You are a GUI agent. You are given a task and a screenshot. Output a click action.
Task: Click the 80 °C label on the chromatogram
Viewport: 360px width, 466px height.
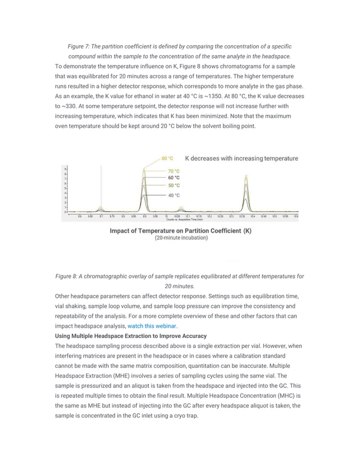click(168, 159)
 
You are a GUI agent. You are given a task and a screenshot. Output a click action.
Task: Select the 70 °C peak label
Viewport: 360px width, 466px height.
click(174, 171)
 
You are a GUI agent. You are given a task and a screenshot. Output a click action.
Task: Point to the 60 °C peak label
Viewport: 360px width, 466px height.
click(174, 178)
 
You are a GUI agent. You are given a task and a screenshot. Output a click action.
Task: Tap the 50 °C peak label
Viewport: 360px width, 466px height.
click(174, 185)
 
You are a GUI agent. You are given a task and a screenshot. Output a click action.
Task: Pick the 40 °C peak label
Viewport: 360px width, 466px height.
click(174, 195)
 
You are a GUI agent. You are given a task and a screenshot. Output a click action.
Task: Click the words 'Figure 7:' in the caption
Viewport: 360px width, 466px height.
click(81, 46)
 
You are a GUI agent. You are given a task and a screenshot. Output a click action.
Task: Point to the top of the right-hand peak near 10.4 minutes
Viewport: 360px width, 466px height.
click(246, 176)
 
